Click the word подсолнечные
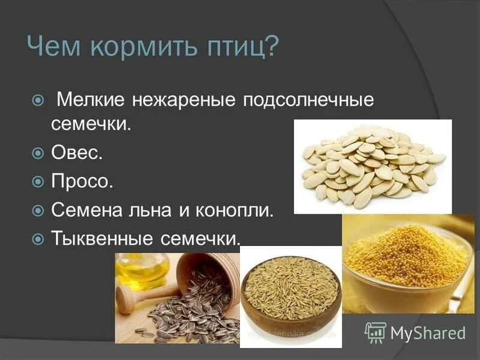(x=308, y=99)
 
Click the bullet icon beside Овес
(x=38, y=154)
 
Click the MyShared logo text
(x=428, y=332)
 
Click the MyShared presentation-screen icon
(x=376, y=332)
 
